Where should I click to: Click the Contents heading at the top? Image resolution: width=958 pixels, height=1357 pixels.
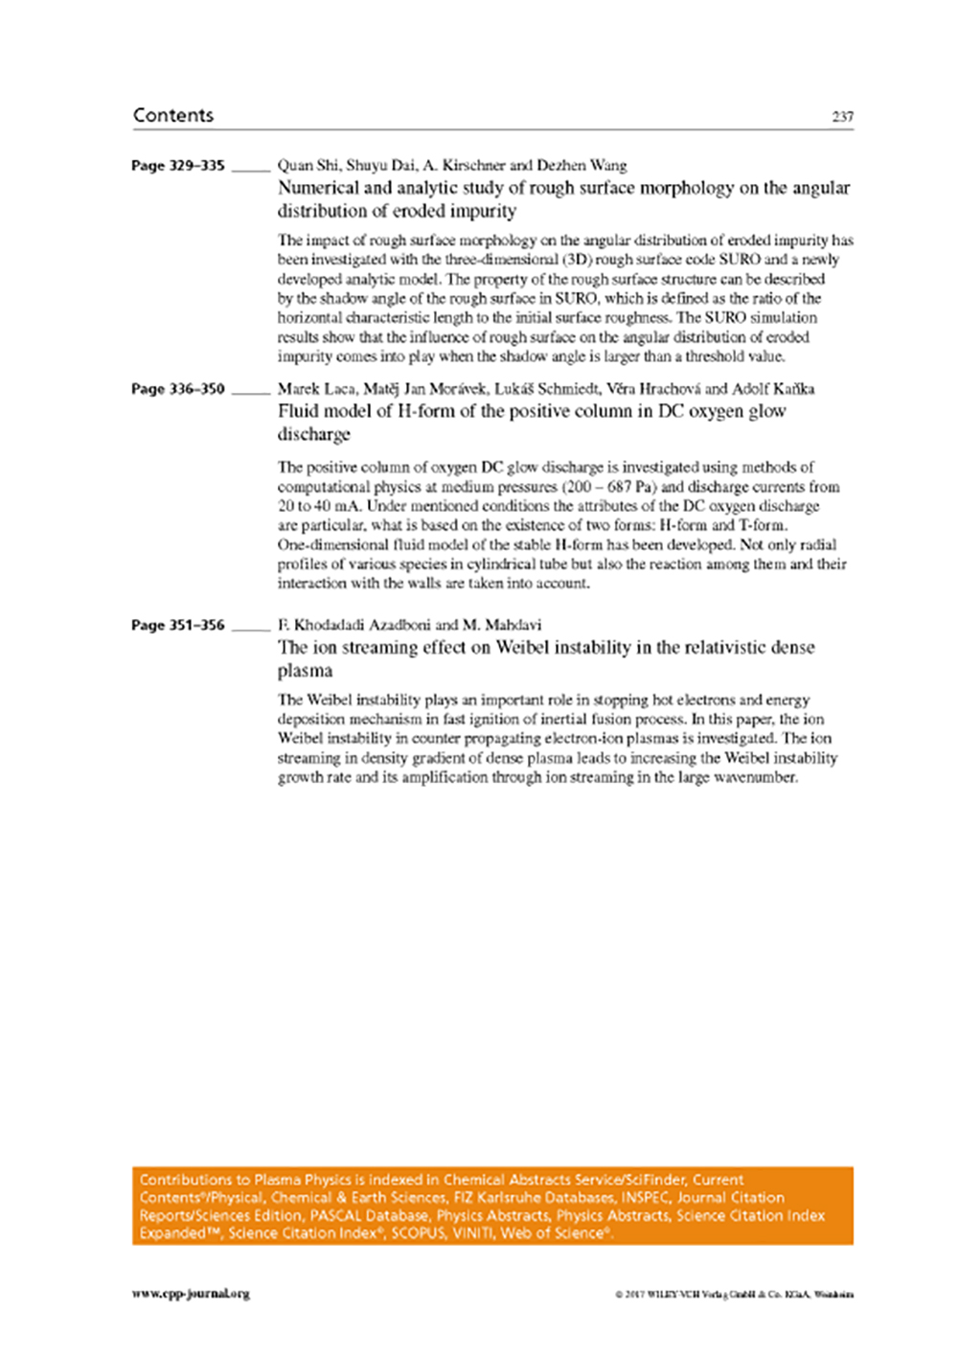click(x=173, y=115)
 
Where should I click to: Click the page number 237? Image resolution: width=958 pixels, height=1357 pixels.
click(x=842, y=117)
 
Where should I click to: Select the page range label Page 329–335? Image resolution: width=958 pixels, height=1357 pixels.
click(x=178, y=166)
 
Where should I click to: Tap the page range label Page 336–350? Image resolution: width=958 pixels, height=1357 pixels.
click(x=178, y=389)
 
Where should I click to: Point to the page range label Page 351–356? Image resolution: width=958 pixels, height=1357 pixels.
click(x=178, y=625)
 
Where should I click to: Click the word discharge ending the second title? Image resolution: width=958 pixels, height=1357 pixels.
click(x=314, y=434)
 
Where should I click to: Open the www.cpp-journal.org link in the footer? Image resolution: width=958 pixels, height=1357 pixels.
click(x=191, y=1294)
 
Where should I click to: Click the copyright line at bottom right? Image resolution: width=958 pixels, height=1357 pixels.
click(x=734, y=1295)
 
